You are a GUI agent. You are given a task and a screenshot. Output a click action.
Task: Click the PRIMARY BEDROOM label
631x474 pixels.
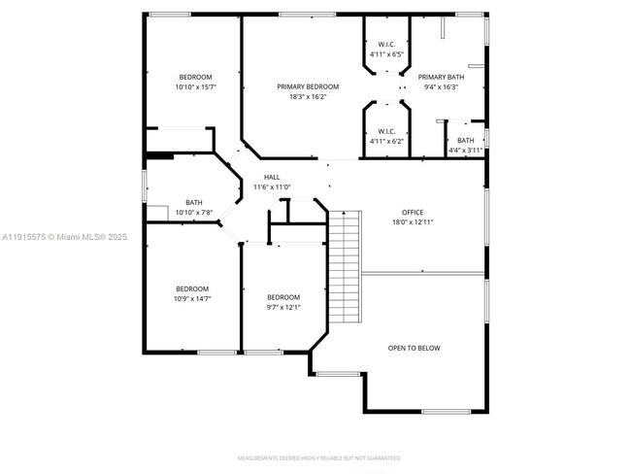tap(308, 86)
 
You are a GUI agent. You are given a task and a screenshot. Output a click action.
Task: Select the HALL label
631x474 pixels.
tap(272, 177)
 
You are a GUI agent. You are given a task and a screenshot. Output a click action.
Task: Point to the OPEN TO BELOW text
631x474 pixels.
tap(415, 348)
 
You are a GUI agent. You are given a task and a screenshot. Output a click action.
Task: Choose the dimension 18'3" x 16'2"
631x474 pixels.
tap(308, 96)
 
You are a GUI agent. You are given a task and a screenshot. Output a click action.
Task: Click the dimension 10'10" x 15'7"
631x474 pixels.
tap(195, 87)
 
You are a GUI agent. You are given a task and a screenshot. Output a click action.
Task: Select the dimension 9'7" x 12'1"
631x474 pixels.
tap(283, 307)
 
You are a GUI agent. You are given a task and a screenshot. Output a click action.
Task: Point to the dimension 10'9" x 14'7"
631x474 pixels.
tap(192, 298)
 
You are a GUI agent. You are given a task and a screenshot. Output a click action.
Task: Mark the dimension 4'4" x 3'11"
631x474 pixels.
tap(466, 150)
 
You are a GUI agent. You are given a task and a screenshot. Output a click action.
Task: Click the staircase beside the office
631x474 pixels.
tap(345, 270)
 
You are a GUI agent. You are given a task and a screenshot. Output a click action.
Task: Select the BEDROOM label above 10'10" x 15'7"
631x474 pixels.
tap(195, 77)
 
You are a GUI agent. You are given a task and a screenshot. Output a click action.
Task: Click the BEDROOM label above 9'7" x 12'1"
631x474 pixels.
tap(283, 297)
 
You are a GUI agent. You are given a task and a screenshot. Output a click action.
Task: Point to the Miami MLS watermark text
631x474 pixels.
tap(64, 236)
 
